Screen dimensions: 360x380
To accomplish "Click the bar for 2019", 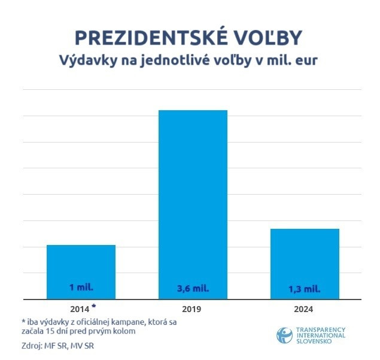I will pos(193,204).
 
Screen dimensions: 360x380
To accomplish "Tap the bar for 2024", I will pos(305,263).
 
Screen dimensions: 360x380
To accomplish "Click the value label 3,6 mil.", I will pos(193,289).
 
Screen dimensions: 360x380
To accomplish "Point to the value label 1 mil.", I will pos(81,287).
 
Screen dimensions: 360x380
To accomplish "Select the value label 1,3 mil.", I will pos(305,289).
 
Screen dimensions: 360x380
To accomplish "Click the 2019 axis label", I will pos(193,310).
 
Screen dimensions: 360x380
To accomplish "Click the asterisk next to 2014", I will pos(93,306).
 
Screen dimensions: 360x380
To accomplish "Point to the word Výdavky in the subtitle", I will pos(83,60).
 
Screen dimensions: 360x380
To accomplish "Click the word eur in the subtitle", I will pos(311,60).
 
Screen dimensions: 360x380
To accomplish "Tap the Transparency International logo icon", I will pos(285,335).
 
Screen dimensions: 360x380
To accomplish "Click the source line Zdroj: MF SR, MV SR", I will pos(54,345).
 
